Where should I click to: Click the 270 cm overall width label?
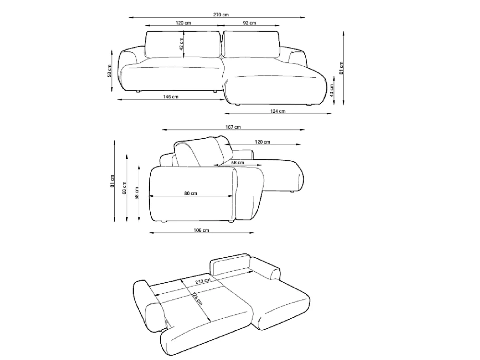tap(221, 15)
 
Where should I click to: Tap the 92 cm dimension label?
tap(250, 23)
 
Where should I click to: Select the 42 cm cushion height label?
tap(181, 44)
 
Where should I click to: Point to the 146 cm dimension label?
tap(170, 97)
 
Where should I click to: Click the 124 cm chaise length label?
tap(277, 111)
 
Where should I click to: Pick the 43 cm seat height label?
tap(332, 91)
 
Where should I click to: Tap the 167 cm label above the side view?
tap(233, 127)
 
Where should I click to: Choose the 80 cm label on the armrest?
tap(191, 193)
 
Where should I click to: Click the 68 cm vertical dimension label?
tap(124, 188)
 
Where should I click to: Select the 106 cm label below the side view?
tap(202, 230)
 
